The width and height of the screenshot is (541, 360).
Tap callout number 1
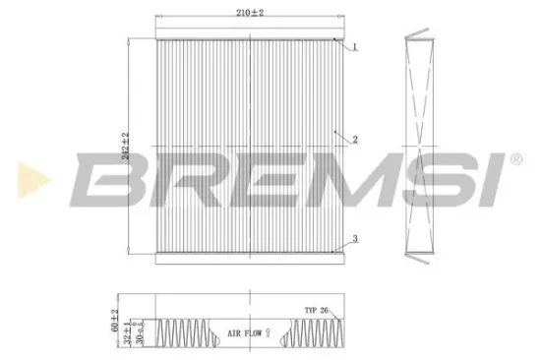(354, 46)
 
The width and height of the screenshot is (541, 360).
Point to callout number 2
(354, 139)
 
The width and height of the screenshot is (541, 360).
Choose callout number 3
(354, 239)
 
